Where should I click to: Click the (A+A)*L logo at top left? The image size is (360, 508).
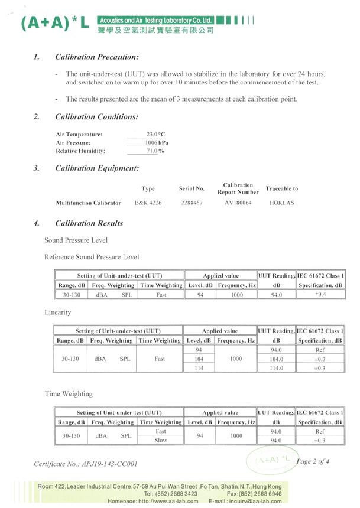[54, 22]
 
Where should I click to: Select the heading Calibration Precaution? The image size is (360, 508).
[96, 57]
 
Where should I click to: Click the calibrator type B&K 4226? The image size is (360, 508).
[148, 203]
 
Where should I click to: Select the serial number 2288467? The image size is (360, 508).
[192, 203]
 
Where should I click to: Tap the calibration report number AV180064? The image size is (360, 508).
[238, 203]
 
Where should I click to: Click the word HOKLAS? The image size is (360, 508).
[281, 203]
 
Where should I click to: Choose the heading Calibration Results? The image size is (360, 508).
[89, 223]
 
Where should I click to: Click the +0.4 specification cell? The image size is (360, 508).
[320, 294]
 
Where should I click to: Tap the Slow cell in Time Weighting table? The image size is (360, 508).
[160, 440]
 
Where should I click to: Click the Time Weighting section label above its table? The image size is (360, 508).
[69, 393]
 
